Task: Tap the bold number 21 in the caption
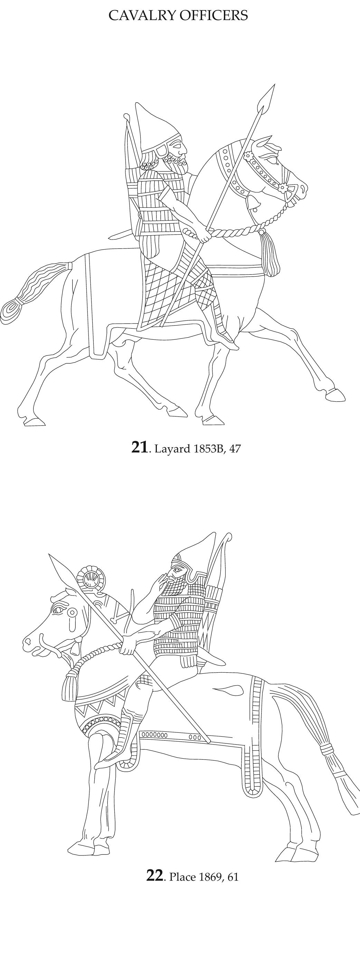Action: [x=139, y=448]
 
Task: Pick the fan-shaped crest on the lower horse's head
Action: [x=91, y=578]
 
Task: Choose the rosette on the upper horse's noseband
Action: [x=283, y=187]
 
